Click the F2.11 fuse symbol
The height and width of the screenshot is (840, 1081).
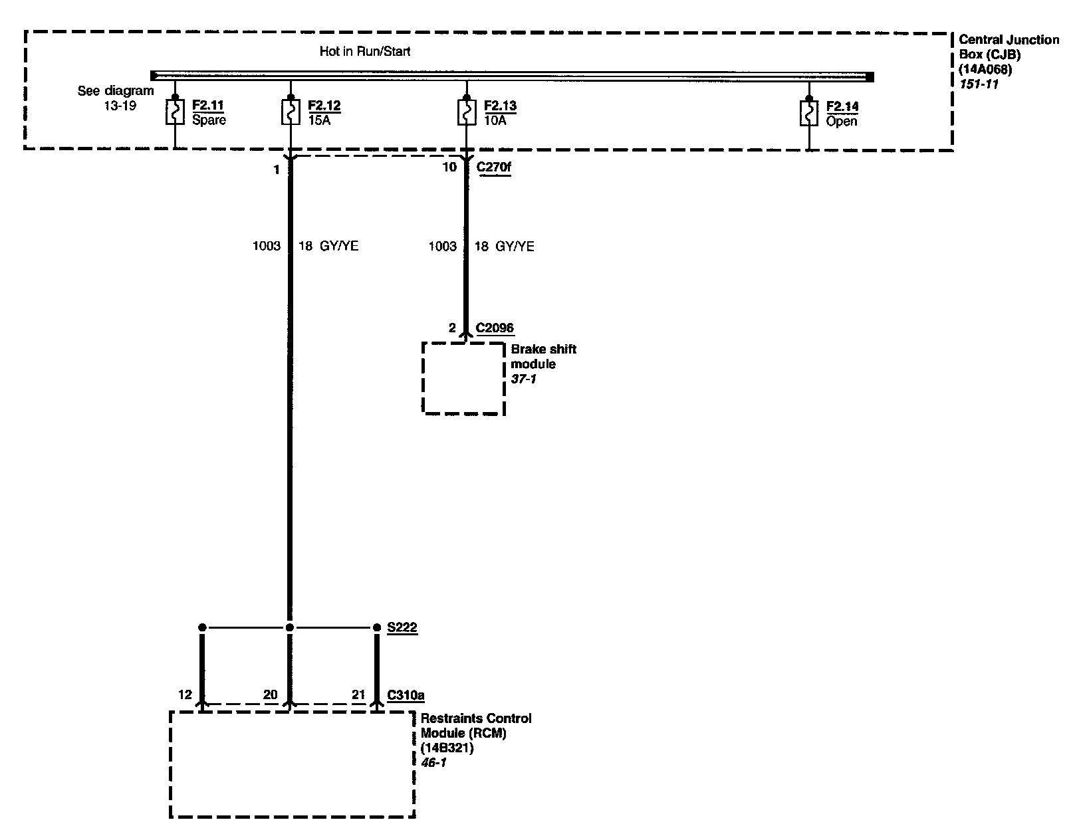point(174,112)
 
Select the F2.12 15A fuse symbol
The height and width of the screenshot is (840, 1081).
point(290,112)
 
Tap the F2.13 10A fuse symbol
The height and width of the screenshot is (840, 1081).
point(466,112)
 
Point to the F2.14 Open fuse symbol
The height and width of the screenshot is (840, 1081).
point(808,113)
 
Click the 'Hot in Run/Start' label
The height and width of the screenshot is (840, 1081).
point(365,51)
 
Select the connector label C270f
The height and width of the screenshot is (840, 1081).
point(494,167)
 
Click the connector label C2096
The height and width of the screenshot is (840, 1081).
point(495,328)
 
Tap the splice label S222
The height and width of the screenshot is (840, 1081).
point(402,627)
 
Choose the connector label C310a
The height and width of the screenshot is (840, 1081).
point(406,695)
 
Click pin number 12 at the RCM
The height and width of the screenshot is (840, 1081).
point(185,695)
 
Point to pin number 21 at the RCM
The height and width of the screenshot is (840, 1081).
point(358,695)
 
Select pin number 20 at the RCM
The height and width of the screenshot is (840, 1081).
point(270,695)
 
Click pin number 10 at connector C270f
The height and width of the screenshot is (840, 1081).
point(449,167)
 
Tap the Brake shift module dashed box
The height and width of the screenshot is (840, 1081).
point(464,378)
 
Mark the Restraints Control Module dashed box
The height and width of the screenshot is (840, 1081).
point(292,764)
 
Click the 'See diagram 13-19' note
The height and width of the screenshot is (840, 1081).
point(116,98)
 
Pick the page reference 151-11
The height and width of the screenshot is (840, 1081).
point(979,84)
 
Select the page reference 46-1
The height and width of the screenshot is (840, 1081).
point(434,762)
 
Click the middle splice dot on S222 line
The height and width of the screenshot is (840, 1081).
point(289,627)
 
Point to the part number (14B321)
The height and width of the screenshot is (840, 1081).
point(447,748)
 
